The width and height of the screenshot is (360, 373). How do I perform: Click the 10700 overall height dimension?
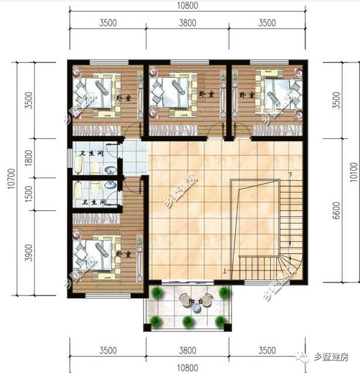[11, 178]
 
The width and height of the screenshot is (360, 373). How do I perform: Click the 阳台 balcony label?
[188, 301]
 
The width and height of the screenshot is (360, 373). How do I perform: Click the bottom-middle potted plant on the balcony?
[187, 321]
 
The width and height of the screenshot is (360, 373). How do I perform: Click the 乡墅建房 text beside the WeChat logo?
[332, 357]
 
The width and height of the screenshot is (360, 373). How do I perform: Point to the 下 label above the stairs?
[290, 175]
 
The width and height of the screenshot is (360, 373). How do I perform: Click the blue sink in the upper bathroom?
[108, 171]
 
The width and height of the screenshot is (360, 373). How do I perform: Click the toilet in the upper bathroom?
[95, 168]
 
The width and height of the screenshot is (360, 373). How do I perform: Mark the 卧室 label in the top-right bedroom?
[247, 95]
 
